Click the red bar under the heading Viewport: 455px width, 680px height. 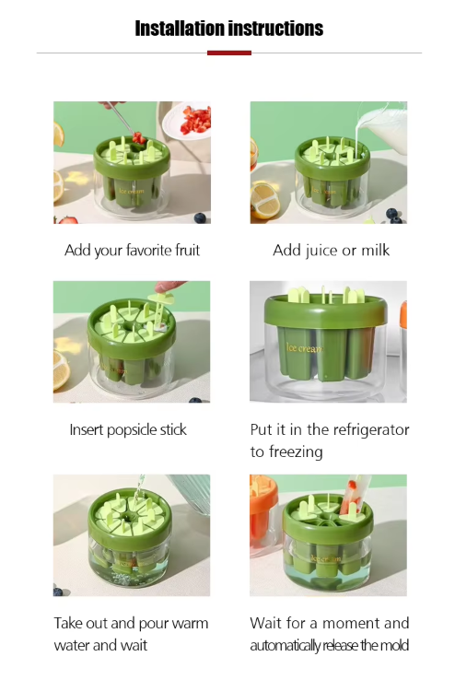pos(229,53)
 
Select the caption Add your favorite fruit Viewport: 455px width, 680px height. pos(132,251)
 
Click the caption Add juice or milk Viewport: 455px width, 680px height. pos(331,251)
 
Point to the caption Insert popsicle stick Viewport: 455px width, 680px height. pos(128,430)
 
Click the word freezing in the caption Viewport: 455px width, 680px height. pos(296,451)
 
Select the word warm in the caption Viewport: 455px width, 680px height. pos(190,624)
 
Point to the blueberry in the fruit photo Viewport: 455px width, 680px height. pos(200,217)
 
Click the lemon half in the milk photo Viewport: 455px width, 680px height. pos(265,201)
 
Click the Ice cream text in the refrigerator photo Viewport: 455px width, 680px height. pos(305,347)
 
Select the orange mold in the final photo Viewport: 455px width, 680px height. pos(263,515)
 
